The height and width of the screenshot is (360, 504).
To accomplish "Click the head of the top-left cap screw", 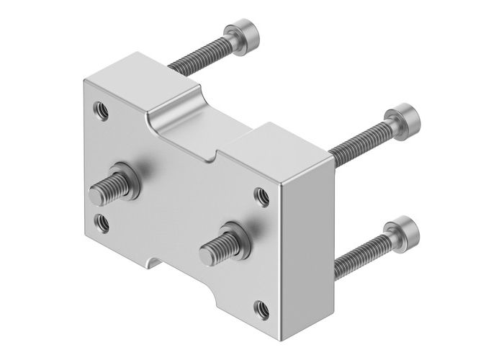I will coord(243,33).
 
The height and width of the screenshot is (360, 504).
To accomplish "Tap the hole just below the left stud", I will coord(102,221).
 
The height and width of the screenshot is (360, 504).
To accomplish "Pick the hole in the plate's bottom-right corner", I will coord(261,310).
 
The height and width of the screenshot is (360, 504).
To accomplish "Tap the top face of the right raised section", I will coord(277,148).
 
